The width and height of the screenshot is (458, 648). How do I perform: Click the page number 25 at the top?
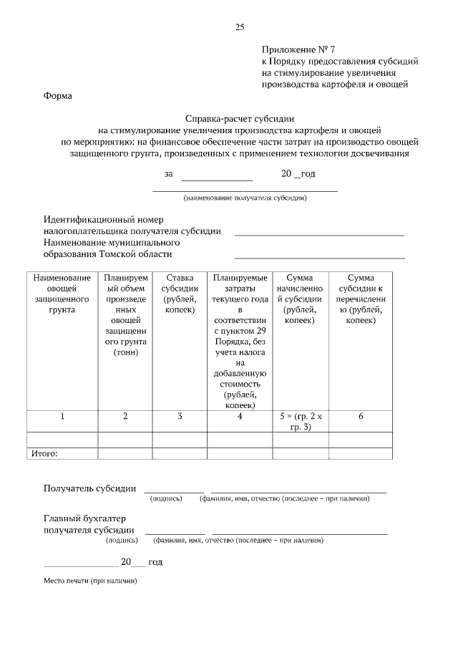240,27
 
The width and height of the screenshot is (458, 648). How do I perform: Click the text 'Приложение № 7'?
298,50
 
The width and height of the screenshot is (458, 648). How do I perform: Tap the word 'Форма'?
59,95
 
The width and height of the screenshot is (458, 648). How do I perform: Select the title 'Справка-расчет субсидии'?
240,119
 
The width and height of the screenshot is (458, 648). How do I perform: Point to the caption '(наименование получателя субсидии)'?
245,198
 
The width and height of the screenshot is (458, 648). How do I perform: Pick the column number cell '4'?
240,417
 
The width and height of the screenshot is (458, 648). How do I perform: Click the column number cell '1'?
62,417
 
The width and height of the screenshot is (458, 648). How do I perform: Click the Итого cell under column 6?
361,453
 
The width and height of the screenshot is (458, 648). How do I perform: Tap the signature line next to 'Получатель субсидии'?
174,490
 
